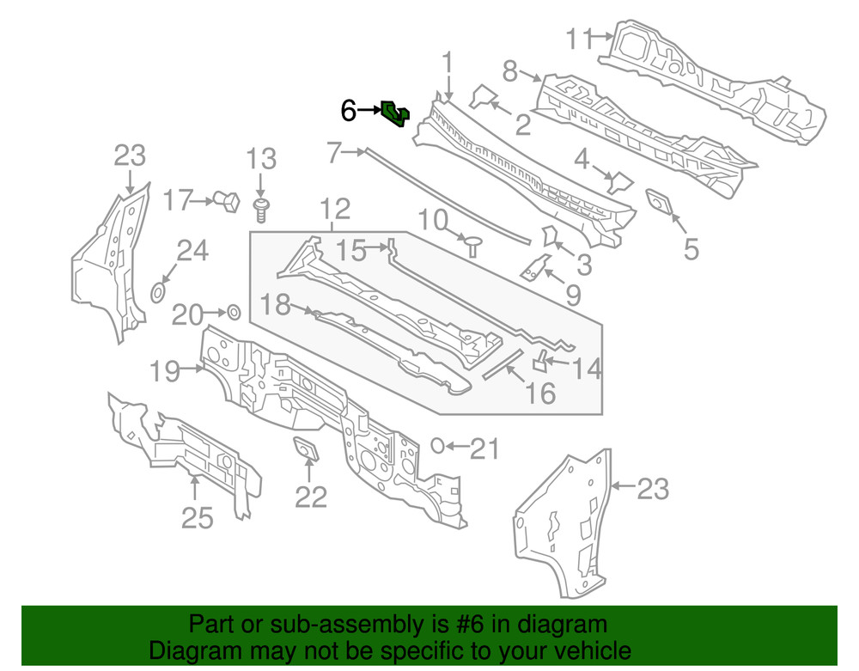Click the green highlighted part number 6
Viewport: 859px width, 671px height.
(x=395, y=113)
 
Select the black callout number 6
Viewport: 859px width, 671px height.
(x=348, y=111)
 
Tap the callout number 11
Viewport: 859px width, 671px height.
(x=580, y=39)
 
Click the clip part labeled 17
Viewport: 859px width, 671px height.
(x=229, y=201)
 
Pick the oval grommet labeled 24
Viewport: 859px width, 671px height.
(x=158, y=293)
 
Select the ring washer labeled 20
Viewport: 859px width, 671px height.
(x=232, y=311)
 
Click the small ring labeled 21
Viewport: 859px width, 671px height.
(x=436, y=445)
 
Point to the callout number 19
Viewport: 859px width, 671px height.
(x=163, y=372)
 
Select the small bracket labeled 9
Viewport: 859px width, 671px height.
(x=536, y=267)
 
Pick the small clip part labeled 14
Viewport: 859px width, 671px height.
(x=542, y=359)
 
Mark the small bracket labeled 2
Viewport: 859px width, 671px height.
(x=485, y=95)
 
